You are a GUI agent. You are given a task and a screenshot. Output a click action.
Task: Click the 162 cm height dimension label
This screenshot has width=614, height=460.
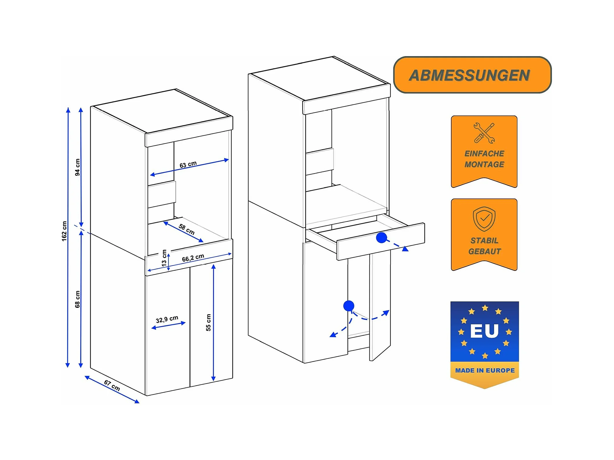coord(64,231)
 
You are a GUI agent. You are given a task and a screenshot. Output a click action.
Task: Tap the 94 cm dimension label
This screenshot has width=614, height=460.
coord(77,167)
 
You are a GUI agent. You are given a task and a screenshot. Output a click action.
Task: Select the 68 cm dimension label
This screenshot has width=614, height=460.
coord(77,299)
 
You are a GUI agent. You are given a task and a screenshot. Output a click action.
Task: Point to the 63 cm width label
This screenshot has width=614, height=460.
coord(188,165)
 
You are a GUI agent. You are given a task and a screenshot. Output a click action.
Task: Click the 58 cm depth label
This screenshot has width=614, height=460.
coord(186,229)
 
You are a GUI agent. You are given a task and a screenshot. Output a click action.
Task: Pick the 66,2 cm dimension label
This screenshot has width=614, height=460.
coord(193,258)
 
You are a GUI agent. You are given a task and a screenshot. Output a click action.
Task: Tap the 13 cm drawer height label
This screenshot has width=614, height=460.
coord(164,258)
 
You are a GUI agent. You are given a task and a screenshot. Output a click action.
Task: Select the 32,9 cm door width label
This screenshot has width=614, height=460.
coord(167,319)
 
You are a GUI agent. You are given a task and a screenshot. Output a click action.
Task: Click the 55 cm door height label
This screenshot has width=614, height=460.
coord(208,322)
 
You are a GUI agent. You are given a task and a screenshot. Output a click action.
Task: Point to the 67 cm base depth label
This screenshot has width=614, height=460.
coord(112,386)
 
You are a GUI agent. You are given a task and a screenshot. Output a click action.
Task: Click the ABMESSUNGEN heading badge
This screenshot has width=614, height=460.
coord(472,75)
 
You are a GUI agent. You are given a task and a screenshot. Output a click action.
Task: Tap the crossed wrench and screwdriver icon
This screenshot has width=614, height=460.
coord(484,133)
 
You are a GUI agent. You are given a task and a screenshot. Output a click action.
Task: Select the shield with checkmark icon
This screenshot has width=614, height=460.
coord(484,219)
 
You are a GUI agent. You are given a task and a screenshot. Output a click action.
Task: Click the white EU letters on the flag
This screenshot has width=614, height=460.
coord(484,331)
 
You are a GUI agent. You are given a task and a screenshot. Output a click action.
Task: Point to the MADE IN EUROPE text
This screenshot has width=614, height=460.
coord(485,370)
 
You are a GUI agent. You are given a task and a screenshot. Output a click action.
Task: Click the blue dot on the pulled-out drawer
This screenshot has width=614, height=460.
coord(381,238)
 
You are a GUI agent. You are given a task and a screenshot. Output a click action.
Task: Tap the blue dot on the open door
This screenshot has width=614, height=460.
coord(348,306)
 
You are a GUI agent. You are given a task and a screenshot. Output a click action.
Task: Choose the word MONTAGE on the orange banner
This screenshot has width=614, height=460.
coord(484,165)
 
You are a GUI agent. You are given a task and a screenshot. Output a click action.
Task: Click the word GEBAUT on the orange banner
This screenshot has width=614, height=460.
coord(484,251)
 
